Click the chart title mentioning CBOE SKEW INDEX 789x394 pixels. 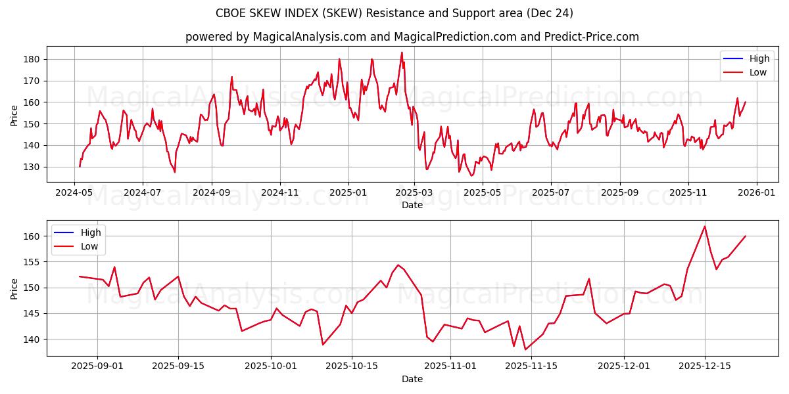pos(394,13)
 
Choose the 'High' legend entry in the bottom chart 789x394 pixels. pos(91,232)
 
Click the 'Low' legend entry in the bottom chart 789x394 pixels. pos(89,246)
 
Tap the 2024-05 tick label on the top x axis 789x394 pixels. pos(74,193)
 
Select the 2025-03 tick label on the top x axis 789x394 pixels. pos(415,193)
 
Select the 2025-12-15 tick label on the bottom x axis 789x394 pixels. pos(705,366)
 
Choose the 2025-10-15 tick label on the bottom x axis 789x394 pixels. pos(352,366)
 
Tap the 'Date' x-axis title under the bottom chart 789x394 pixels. pos(412,379)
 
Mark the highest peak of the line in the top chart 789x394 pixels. pos(402,53)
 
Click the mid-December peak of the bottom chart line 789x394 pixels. pos(705,227)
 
